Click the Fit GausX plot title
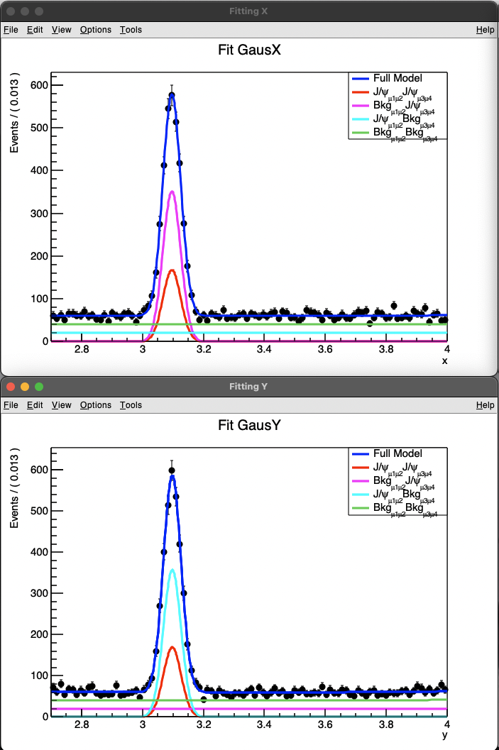pos(249,50)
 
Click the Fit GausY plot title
pos(249,426)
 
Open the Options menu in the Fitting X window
pos(95,30)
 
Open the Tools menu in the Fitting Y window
pos(131,405)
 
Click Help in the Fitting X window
pos(486,30)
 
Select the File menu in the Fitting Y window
pos(11,405)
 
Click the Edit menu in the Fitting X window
pos(35,30)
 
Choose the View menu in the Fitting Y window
pos(62,405)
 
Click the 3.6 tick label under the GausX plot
pos(325,349)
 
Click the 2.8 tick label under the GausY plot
pos(82,724)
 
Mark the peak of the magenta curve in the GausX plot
pos(172,191)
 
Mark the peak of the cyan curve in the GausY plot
pos(172,570)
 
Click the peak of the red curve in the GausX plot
pos(172,270)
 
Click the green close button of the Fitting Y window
pos(39,387)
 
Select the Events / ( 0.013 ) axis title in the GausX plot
pos(14,114)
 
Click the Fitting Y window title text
pos(248,387)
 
